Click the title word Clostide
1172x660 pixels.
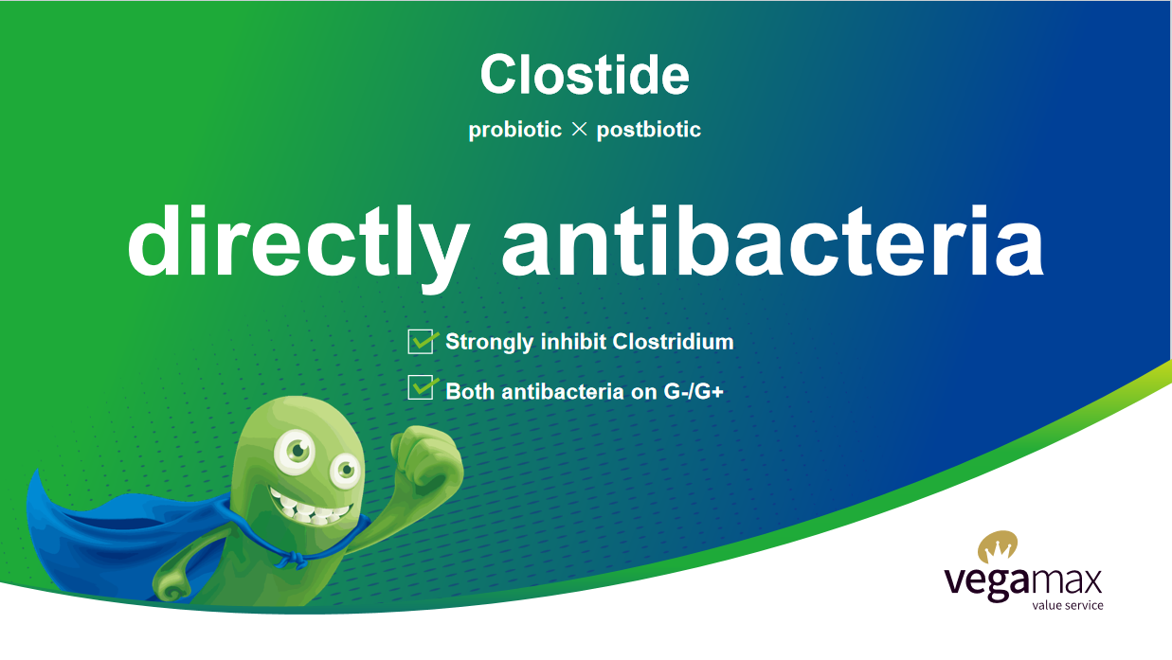[x=585, y=75]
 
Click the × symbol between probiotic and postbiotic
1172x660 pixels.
[x=579, y=129]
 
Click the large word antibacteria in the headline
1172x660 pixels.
[x=773, y=241]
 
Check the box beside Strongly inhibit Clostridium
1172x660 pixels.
[x=421, y=342]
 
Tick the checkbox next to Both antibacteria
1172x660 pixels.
[x=421, y=387]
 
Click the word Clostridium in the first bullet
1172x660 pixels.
[x=673, y=342]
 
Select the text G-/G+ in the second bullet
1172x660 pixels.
[x=694, y=391]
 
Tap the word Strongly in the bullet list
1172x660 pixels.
[x=490, y=343]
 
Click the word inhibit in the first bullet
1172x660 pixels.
[x=573, y=342]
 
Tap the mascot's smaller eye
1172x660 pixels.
[x=346, y=469]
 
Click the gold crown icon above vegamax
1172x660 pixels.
[x=998, y=546]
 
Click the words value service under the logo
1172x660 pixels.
[x=1068, y=606]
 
